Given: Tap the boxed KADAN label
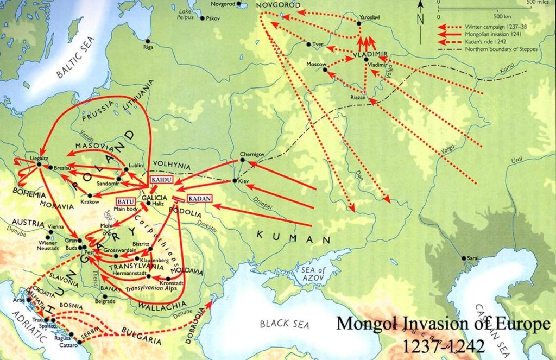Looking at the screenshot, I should coord(199,198).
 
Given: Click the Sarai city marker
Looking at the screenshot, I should coord(463,258).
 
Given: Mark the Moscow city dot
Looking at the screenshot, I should coord(326,69).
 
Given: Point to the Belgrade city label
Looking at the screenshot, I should coord(105,301).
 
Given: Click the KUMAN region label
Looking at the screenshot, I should coord(294,237).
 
